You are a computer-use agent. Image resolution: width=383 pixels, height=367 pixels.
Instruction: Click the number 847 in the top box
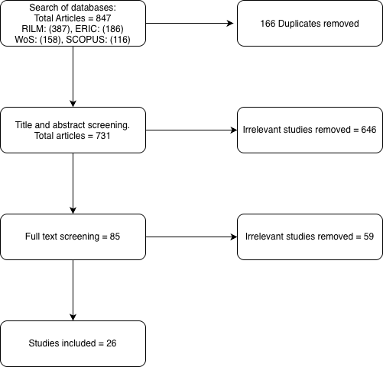pos(103,18)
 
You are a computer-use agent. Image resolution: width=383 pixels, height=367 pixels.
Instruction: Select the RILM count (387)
pos(60,29)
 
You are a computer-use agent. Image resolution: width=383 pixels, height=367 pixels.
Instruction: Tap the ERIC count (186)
pos(113,29)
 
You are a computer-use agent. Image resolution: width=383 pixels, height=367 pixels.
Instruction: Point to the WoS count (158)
pos(50,40)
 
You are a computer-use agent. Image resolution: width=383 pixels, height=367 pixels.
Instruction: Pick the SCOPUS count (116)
pos(120,40)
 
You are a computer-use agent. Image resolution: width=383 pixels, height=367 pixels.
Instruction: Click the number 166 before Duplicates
pos(268,24)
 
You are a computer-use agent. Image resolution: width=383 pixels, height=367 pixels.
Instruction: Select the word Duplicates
pos(296,24)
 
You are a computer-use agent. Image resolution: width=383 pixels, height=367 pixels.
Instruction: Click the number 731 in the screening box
pos(103,136)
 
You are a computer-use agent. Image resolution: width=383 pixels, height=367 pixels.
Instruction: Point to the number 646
pos(368,130)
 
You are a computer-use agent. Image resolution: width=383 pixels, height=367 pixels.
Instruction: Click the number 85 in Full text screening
pos(115,237)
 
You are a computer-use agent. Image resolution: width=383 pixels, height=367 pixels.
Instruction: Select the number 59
pos(368,237)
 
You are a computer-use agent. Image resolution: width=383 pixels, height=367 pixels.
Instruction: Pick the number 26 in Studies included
pos(112,343)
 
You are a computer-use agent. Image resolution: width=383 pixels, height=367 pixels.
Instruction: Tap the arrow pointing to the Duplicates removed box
pos(190,24)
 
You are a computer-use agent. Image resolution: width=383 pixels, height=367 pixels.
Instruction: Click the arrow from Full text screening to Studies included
pos(73,290)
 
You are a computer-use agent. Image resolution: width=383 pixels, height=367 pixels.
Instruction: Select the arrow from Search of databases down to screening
pos(73,76)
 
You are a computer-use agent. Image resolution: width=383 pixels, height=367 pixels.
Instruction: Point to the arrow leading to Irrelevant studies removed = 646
pos(191,130)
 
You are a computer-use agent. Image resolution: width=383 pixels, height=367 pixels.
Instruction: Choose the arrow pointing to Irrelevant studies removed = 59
pos(191,237)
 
